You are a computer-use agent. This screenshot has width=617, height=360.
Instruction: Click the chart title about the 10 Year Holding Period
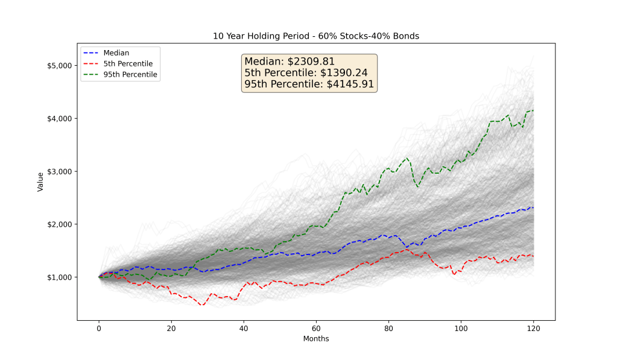[316, 36]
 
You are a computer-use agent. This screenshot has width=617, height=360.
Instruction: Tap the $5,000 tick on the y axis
[59, 65]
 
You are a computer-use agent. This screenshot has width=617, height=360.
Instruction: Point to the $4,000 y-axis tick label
[59, 118]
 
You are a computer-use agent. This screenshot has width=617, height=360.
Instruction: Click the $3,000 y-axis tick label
[59, 171]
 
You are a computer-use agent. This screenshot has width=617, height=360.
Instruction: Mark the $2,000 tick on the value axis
[59, 224]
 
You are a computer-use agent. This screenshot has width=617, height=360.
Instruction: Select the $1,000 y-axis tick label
[59, 277]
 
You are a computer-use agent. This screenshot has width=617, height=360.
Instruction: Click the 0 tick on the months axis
[99, 329]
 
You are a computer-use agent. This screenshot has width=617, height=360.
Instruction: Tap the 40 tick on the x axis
[244, 329]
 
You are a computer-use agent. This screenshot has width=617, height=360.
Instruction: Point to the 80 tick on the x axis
[389, 329]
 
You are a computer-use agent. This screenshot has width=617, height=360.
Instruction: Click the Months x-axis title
[316, 339]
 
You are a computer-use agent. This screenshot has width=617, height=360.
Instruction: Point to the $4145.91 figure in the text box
[350, 84]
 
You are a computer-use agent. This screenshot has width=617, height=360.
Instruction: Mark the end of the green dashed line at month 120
[533, 110]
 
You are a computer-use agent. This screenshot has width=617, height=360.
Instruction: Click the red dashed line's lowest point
[203, 305]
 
